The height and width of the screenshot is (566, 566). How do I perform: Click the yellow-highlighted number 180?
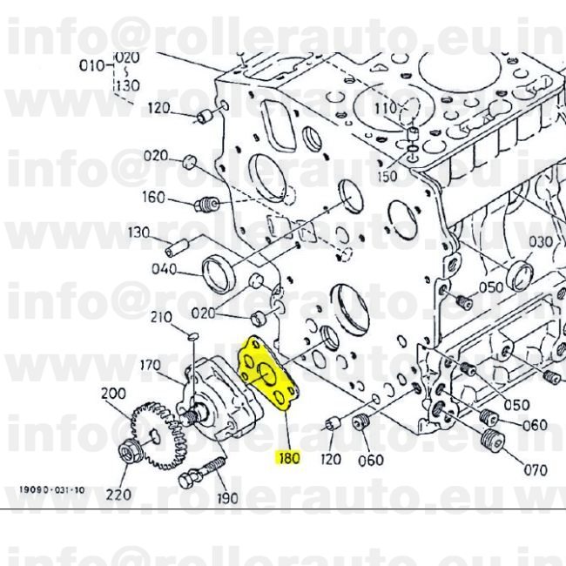288,456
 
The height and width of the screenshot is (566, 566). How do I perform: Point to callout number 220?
118,495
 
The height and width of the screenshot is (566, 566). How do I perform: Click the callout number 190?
227,498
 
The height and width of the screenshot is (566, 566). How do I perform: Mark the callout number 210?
162,317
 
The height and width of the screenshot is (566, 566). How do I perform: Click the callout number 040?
164,269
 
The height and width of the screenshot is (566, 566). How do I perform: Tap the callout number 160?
153,198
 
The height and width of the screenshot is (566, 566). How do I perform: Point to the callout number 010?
91,64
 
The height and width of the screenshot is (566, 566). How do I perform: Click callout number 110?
385,108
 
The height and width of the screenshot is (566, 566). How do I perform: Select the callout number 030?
541,241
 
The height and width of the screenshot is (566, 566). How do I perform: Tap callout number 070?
536,471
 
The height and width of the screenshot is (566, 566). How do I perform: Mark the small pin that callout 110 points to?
413,135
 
